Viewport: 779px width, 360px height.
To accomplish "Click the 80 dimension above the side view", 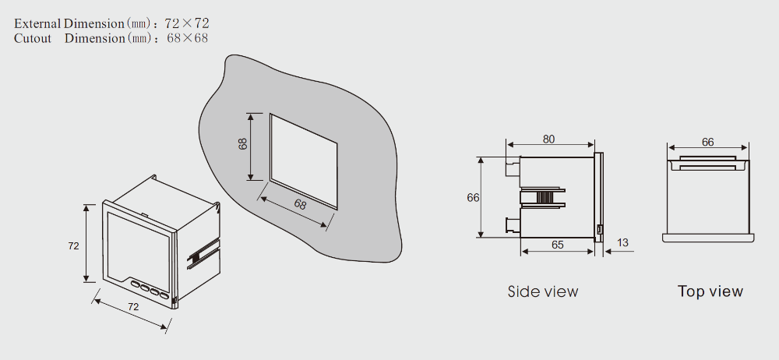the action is pos(548,139).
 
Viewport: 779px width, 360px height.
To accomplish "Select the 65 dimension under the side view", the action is pos(558,245).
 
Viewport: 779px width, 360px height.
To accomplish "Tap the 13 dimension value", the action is pos(622,242).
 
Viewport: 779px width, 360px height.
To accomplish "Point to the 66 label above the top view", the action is pos(707,143).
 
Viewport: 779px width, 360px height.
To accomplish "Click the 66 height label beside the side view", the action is pos(473,197).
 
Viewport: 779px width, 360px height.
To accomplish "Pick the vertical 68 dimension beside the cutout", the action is pos(243,144).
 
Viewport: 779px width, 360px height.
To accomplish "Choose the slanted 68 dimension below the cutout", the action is pos(300,204).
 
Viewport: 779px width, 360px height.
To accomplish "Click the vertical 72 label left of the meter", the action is pos(73,245).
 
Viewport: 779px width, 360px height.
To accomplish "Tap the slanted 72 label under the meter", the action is pos(133,307).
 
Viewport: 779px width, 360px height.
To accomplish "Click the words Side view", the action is pos(543,291).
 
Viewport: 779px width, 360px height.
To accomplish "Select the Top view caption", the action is pos(710,291).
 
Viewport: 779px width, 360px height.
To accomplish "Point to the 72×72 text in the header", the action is pos(187,23).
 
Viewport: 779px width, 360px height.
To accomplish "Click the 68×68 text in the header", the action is pos(187,38).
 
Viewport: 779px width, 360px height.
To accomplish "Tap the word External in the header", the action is pos(37,23).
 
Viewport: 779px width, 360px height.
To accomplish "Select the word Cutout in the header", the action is pos(33,38).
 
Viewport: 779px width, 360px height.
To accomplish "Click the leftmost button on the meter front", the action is pos(136,284).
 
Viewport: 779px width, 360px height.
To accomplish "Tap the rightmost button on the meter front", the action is pos(164,296).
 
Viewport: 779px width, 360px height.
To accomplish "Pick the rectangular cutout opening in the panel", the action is pos(304,161).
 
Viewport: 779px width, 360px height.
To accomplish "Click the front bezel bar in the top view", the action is pos(708,238).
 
